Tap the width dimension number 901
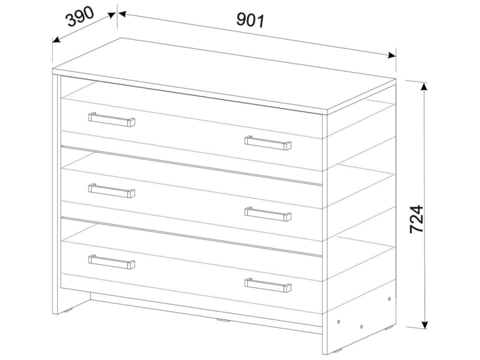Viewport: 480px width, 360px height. point(250,20)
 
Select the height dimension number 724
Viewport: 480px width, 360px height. point(416,219)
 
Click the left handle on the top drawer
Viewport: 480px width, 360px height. point(112,119)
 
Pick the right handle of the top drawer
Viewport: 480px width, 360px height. point(268,143)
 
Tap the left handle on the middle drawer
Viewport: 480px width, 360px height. point(112,191)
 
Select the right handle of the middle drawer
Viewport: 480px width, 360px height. point(268,214)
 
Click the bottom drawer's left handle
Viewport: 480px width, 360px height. point(112,262)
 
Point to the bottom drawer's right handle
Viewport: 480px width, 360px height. point(268,285)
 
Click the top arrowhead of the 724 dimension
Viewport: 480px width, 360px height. point(424,86)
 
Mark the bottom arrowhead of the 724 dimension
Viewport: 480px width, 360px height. point(424,325)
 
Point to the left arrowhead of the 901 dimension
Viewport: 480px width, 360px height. point(123,14)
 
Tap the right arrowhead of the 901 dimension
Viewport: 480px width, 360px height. point(392,56)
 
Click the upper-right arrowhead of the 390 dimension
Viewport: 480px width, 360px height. point(112,15)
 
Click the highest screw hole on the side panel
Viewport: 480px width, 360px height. point(389,299)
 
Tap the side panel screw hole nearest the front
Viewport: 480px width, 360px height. point(339,322)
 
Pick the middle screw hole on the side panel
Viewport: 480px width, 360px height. point(361,327)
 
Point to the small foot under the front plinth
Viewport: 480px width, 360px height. point(223,320)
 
